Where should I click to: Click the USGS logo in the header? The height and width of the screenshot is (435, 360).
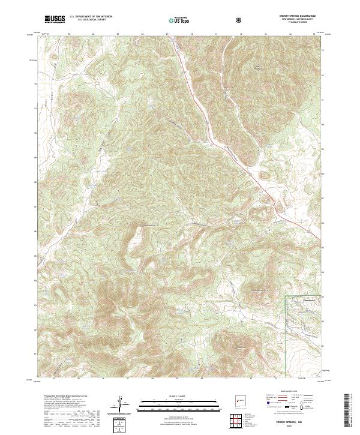(55, 19)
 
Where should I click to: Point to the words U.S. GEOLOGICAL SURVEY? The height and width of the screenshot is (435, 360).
(87, 20)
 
